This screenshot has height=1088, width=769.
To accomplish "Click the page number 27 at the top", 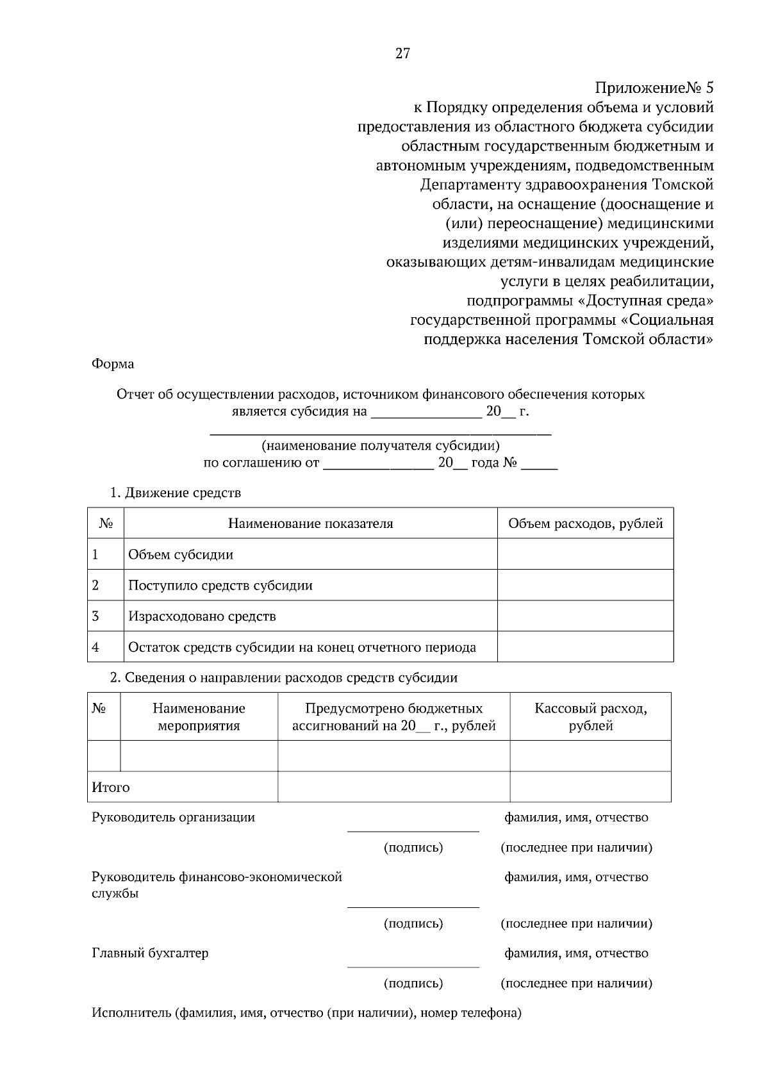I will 402,54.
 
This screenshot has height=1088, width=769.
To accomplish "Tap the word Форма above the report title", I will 113,364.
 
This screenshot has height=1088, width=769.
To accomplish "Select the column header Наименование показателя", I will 311,523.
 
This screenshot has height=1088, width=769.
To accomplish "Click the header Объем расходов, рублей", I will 585,523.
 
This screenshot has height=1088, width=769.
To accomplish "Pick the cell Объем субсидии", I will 181,554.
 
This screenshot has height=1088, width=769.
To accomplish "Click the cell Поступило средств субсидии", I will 220,585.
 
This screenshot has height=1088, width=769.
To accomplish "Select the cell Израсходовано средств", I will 202,616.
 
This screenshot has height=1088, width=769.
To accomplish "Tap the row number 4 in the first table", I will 95,647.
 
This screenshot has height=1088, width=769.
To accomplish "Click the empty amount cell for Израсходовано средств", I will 585,616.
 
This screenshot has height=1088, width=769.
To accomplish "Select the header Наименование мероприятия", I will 199,716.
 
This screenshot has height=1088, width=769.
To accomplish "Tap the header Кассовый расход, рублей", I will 590,716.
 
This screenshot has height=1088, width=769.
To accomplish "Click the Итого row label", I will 111,787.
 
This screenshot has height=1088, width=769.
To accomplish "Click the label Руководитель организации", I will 173,818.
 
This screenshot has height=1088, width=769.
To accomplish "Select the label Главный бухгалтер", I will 150,953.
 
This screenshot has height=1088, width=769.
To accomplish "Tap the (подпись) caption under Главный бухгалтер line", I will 413,983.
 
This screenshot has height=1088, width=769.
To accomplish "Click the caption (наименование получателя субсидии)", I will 381,445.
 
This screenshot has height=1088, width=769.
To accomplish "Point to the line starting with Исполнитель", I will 306,1013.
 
